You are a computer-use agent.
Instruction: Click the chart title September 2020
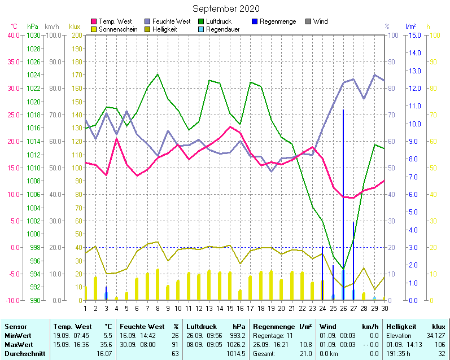pyautogui.click(x=226, y=8)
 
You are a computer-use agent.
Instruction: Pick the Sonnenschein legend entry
pyautogui.click(x=117, y=29)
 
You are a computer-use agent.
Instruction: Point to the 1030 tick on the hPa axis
pyautogui.click(x=33, y=35)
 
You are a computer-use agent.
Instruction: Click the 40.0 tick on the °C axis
pyautogui.click(x=13, y=35)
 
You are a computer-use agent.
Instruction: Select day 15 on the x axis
pyautogui.click(x=230, y=308)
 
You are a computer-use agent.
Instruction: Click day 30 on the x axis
pyautogui.click(x=385, y=308)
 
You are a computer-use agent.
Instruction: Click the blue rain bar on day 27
pyautogui.click(x=353, y=260)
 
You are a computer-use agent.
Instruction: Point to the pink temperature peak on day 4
pyautogui.click(x=116, y=139)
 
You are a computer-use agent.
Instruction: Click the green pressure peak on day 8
pyautogui.click(x=158, y=74)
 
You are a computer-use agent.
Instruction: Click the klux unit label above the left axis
pyautogui.click(x=75, y=27)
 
